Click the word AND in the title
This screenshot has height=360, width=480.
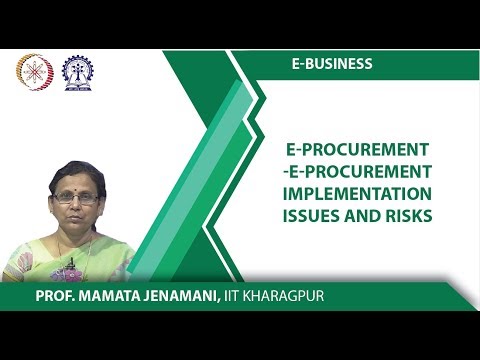[366, 216]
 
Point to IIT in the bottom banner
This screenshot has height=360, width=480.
[247, 296]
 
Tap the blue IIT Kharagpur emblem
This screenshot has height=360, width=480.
[76, 72]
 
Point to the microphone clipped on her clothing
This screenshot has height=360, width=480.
[71, 265]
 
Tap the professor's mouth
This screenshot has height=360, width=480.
[75, 223]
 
